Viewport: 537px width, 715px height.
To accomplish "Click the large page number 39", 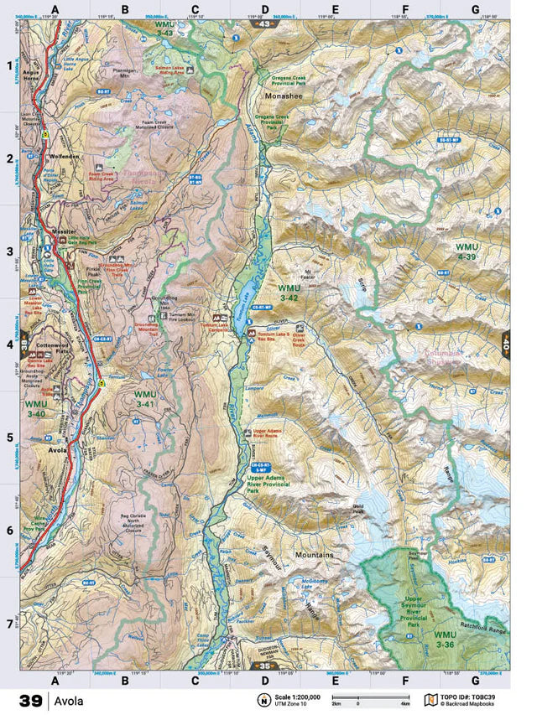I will click(x=29, y=700).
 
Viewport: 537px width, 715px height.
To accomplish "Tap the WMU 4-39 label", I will click(x=466, y=252).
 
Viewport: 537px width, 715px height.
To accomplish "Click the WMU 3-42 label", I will click(x=288, y=292).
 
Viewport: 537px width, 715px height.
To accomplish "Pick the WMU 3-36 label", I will click(x=446, y=640).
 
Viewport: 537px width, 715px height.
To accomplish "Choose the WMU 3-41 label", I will click(x=144, y=398).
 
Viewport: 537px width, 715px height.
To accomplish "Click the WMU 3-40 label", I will click(x=35, y=408).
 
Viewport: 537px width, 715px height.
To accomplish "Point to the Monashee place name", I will click(x=284, y=96).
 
